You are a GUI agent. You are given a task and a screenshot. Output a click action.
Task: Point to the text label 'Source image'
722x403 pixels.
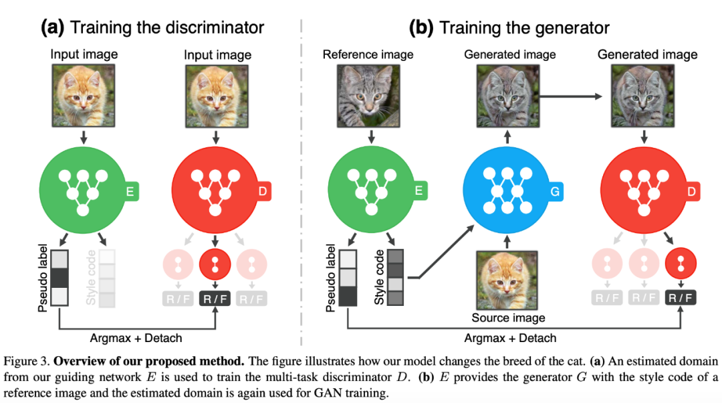(x=509, y=317)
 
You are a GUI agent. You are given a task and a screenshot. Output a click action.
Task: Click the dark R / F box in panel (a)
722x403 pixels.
(x=215, y=298)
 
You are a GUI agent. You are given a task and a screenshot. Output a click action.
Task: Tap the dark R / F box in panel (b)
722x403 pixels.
(x=681, y=298)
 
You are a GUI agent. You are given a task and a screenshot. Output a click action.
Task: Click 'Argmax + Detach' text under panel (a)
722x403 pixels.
(x=138, y=337)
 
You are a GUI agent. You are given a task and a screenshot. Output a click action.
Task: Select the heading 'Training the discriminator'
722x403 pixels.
(x=167, y=27)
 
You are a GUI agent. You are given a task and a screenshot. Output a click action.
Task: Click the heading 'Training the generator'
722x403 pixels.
(x=524, y=27)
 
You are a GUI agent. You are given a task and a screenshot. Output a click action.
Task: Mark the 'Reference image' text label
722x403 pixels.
(x=368, y=54)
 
